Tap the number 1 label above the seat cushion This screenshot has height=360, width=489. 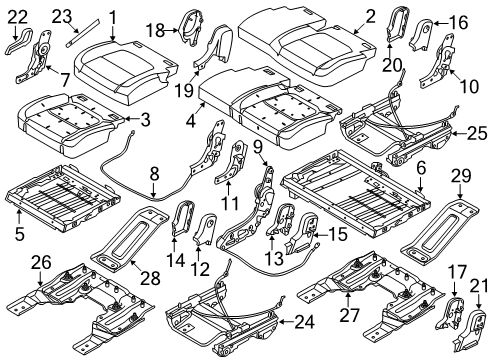coord(113,17)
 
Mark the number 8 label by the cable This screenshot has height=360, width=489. coord(154,173)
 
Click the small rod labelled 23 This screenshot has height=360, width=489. coord(83,28)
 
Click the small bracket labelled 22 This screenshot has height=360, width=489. coord(19,38)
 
